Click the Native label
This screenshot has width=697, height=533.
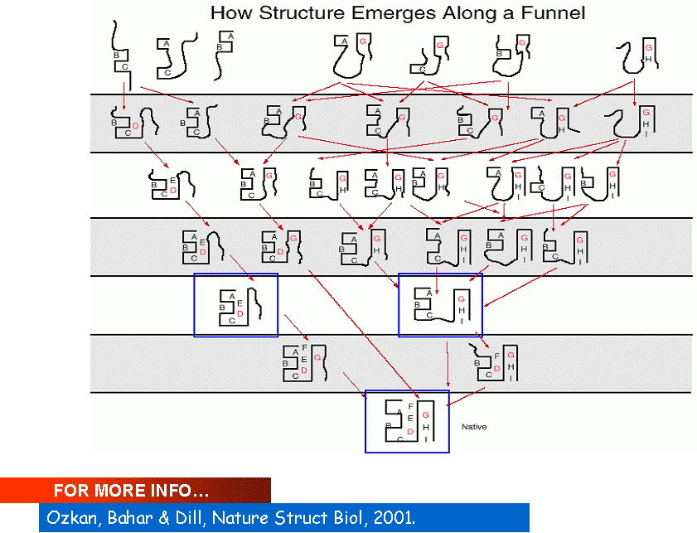(473, 427)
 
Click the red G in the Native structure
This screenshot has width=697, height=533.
(425, 414)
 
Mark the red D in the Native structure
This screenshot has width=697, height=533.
(410, 431)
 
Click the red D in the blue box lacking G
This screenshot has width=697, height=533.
(240, 314)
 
